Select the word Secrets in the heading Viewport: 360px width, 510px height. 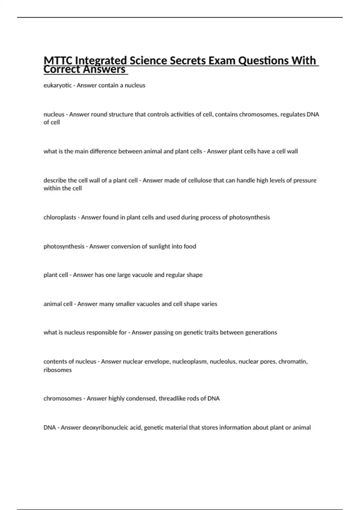coord(188,61)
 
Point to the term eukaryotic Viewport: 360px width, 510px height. coord(58,85)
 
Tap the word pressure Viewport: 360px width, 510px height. coord(305,181)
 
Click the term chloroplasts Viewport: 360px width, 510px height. coord(60,217)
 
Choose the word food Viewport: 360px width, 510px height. coord(190,247)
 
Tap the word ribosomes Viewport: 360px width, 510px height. coord(58,370)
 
